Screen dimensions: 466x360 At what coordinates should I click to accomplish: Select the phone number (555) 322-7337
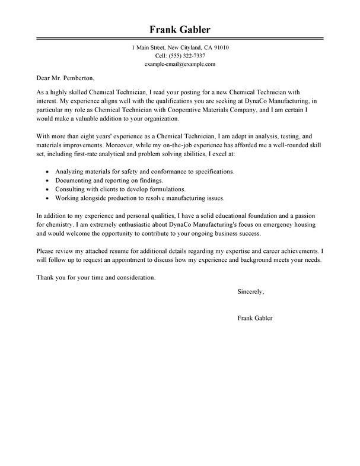[188, 55]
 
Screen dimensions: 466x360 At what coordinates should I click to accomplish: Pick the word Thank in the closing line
[45, 277]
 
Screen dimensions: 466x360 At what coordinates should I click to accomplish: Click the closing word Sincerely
[250, 291]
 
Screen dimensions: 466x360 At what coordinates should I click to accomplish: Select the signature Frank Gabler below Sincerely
[254, 318]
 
